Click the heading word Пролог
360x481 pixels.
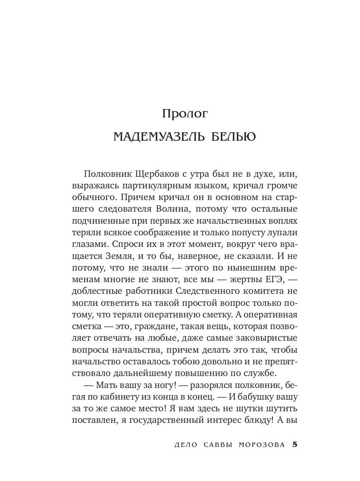pyautogui.click(x=185, y=114)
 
